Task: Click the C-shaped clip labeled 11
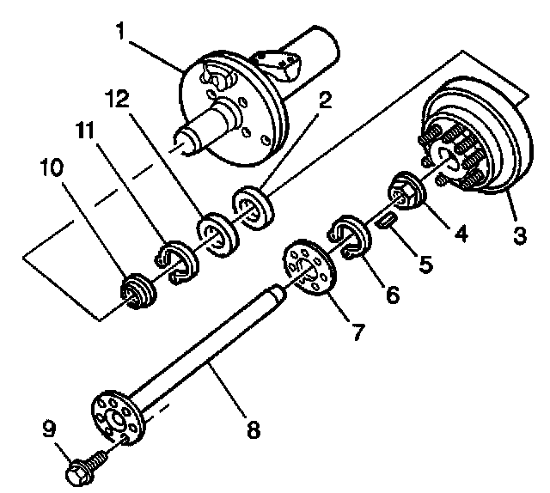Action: [x=174, y=264]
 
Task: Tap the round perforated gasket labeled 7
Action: [x=308, y=270]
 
